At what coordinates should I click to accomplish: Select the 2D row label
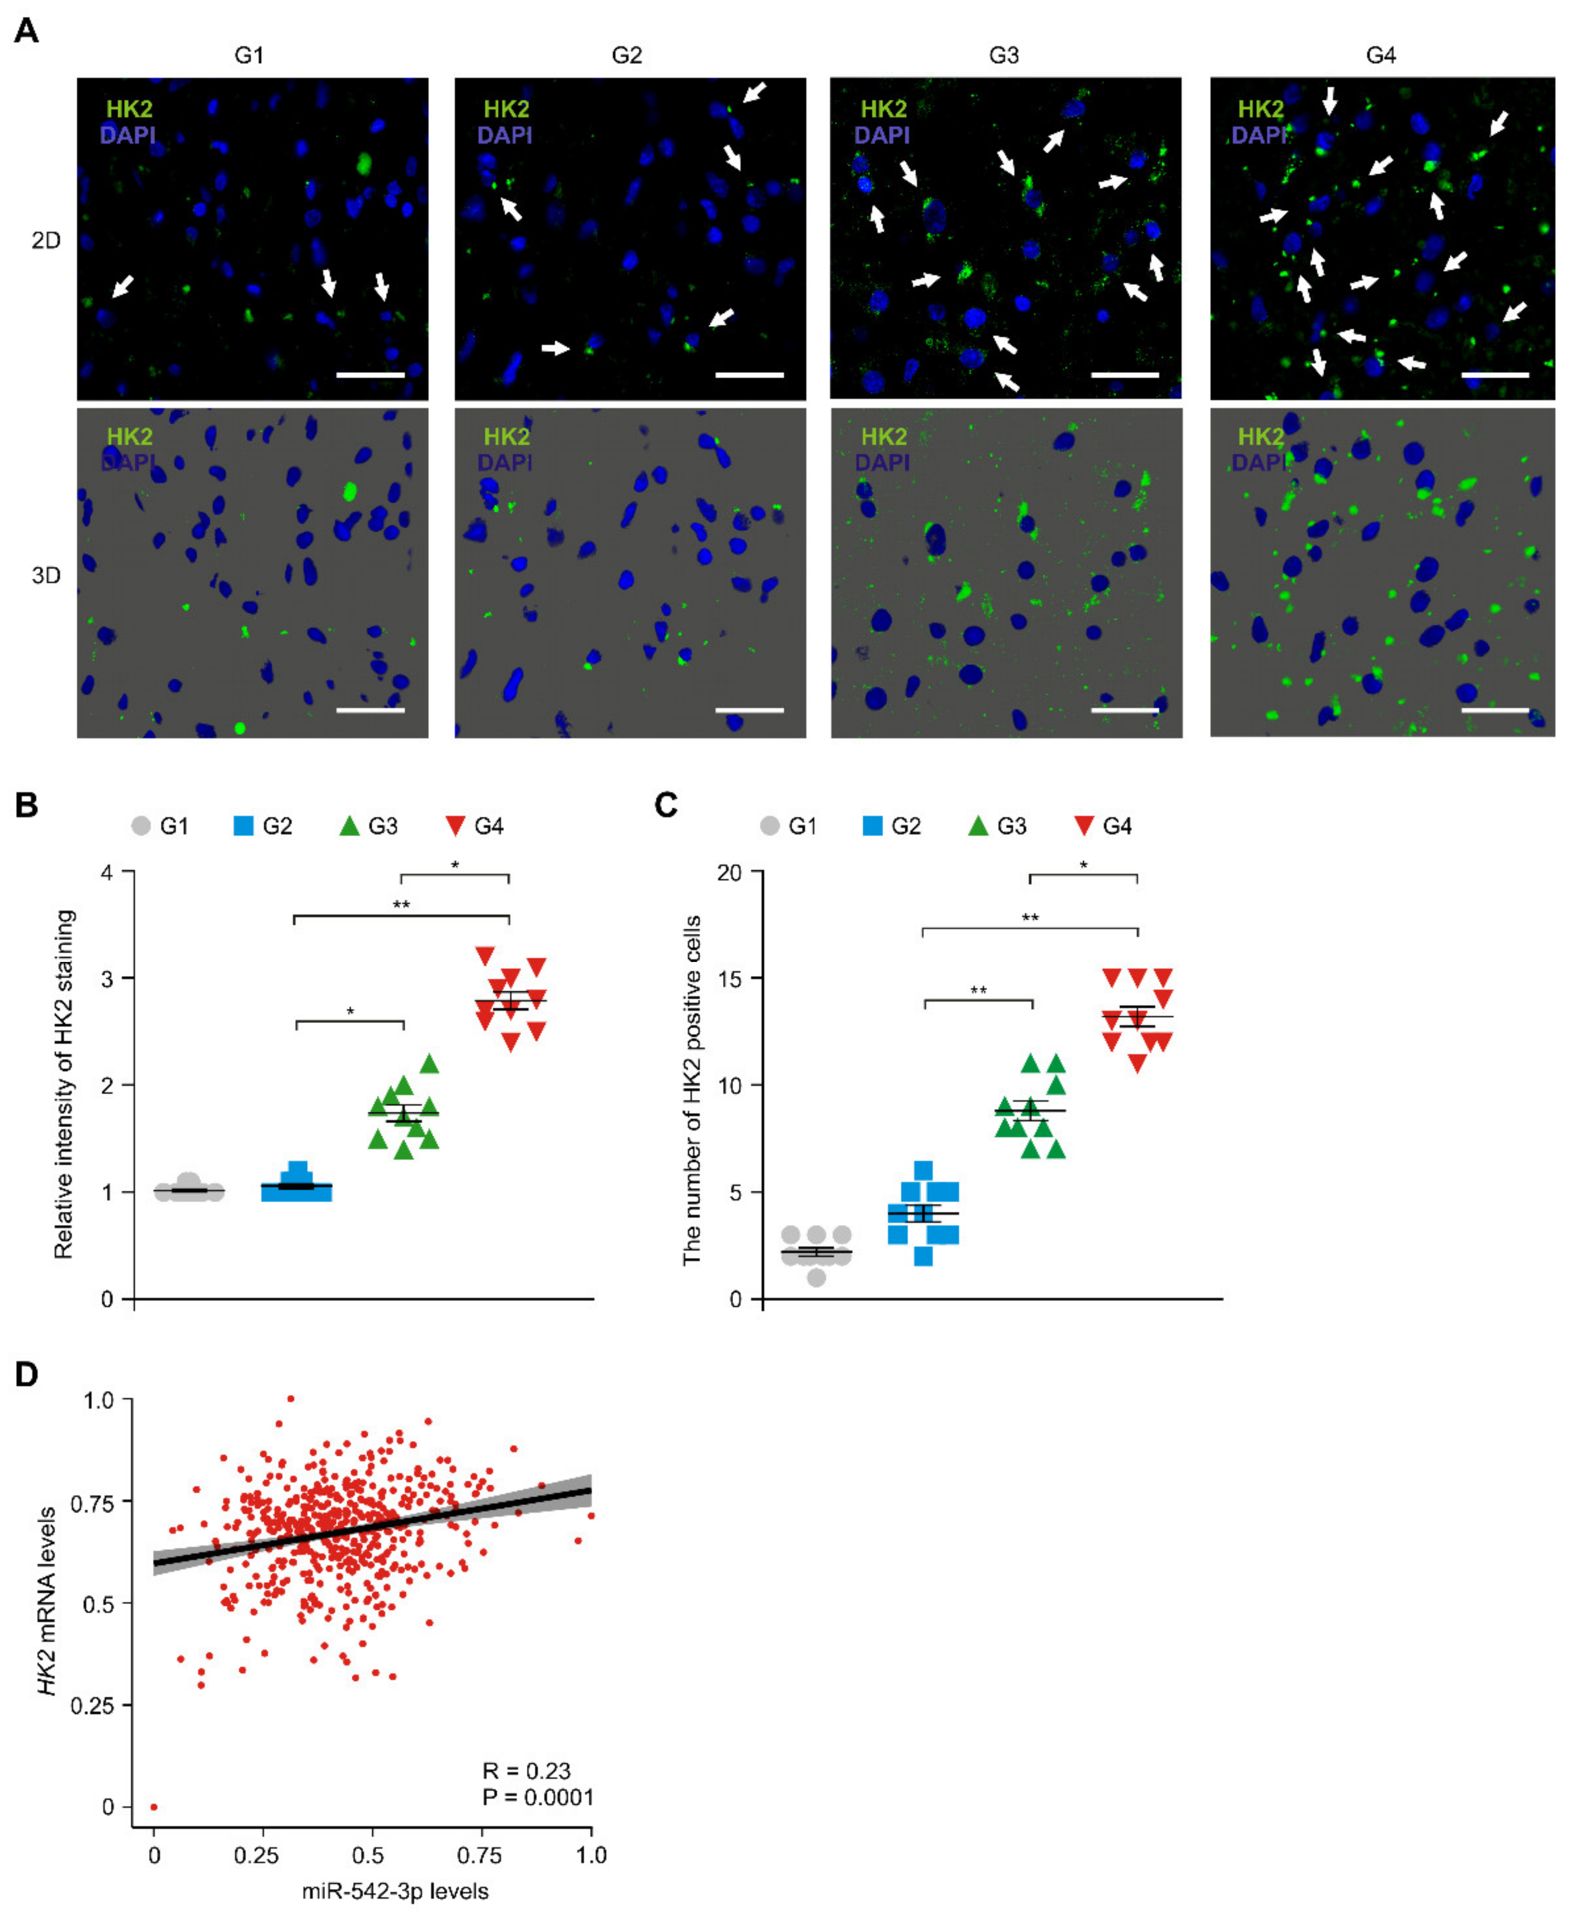pos(45,240)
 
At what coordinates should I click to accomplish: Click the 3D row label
pos(45,576)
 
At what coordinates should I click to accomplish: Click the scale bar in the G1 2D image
pos(370,374)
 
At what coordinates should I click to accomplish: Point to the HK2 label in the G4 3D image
pos(1260,437)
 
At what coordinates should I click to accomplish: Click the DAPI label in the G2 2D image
pos(504,136)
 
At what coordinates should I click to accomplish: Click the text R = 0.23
pos(526,1771)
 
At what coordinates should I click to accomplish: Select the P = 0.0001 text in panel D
pos(538,1797)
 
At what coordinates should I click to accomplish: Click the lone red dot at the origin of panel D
pos(154,1807)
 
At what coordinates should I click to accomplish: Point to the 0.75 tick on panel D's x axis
pos(479,1856)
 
